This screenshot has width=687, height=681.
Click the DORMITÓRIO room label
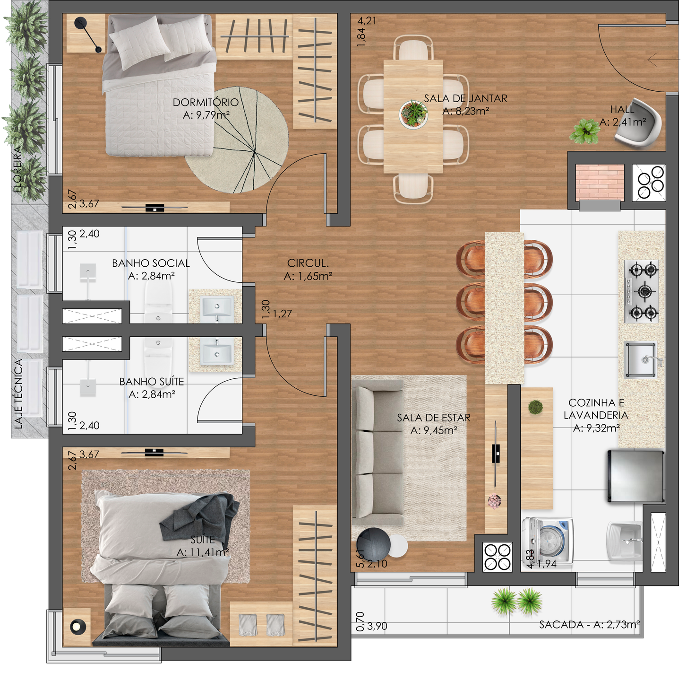coord(206,103)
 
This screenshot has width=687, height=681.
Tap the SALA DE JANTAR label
coord(465,98)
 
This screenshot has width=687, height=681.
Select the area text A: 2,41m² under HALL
coord(622,122)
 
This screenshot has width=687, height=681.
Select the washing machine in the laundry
coord(548,541)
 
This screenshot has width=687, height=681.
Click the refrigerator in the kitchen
coord(636,476)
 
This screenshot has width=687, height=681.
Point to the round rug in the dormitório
coord(237,140)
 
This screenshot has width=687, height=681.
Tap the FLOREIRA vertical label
coord(17,169)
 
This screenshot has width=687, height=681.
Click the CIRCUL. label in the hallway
coord(308,263)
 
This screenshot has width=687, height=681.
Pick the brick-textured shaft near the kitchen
coord(600,182)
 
